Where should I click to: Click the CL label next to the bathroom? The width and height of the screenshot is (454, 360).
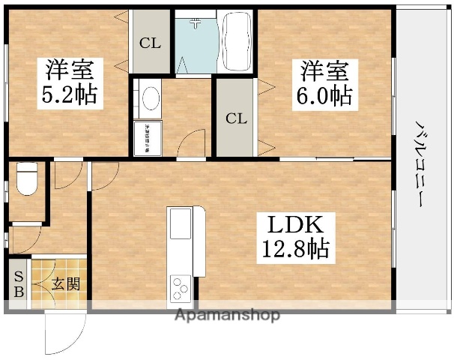(x=150, y=43)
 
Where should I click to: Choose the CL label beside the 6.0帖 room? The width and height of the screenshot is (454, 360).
(x=236, y=118)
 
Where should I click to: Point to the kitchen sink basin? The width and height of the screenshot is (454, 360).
(x=181, y=223)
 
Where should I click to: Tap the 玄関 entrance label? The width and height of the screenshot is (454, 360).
(x=66, y=284)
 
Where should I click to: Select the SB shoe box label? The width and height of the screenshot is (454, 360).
(x=18, y=283)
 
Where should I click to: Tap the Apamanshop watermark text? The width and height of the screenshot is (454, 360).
(x=228, y=315)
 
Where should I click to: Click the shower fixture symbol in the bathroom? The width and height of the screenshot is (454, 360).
(x=196, y=23)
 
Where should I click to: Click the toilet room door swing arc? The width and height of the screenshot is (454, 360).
(x=70, y=174)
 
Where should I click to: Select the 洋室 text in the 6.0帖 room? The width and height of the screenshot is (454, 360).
(x=324, y=72)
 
